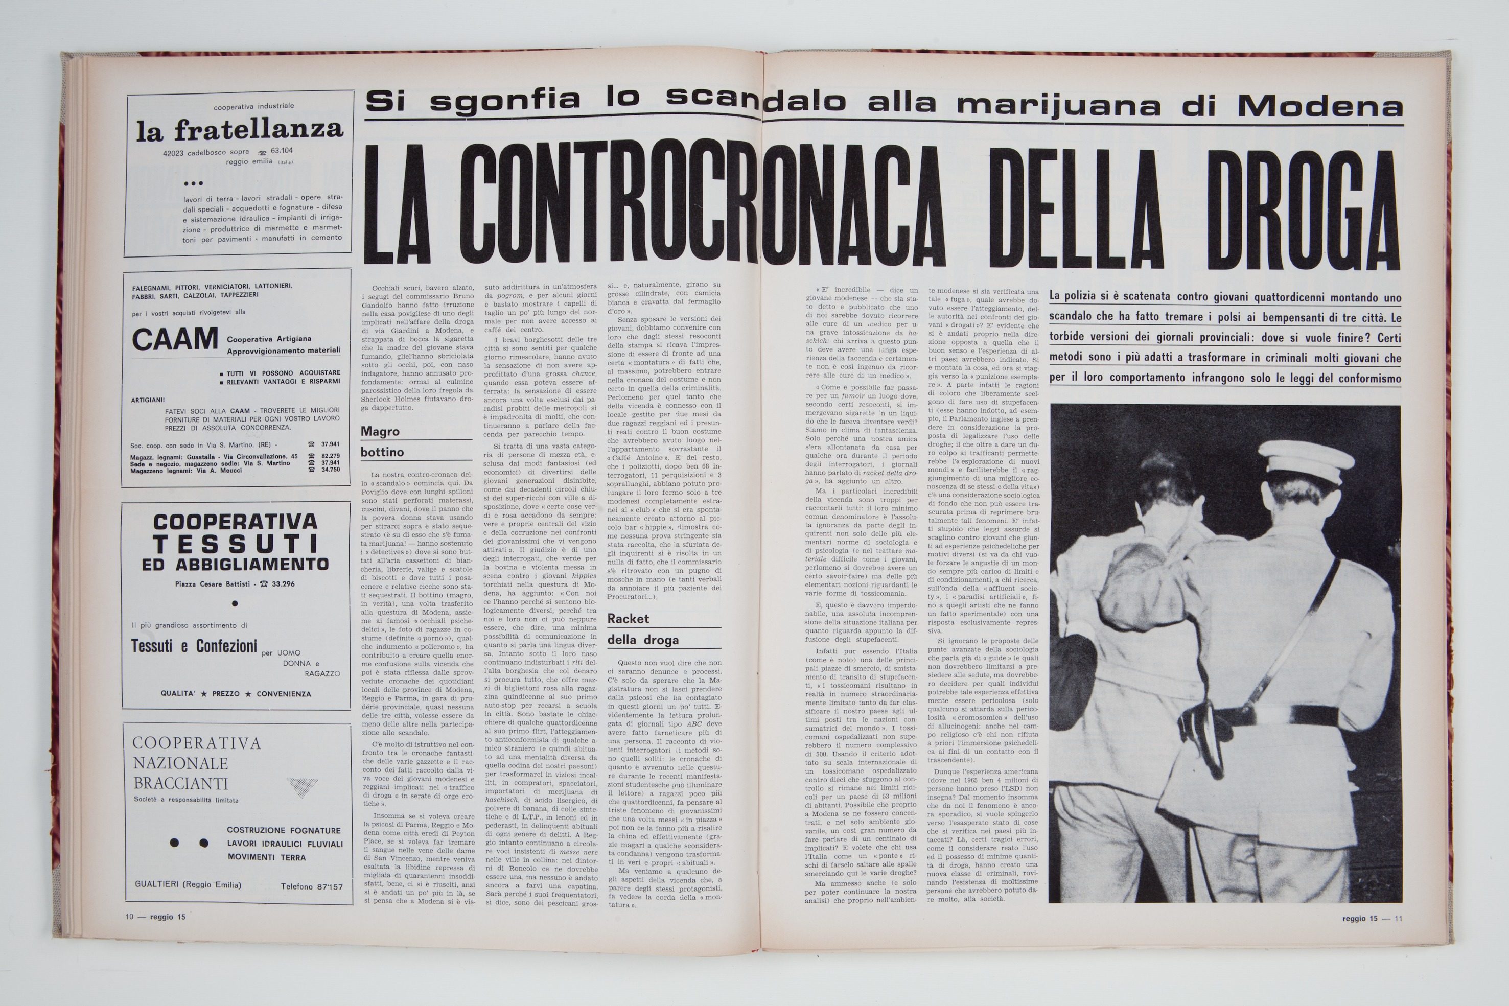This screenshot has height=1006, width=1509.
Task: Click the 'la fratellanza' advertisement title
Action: tap(239, 130)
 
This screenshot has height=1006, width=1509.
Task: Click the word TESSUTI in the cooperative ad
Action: tap(236, 544)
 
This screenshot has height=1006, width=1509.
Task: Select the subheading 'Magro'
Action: tap(380, 432)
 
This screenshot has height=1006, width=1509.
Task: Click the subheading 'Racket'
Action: tap(628, 619)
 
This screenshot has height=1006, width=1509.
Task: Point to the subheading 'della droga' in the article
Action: tap(643, 640)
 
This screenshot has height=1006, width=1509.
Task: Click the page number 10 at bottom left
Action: tap(130, 917)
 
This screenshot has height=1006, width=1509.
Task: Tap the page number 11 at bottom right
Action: tap(1399, 918)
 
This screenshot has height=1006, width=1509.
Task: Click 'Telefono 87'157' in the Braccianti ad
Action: tap(312, 886)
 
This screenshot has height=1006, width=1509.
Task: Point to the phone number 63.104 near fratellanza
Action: tap(282, 151)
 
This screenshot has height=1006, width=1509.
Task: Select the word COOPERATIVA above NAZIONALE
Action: tap(196, 743)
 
